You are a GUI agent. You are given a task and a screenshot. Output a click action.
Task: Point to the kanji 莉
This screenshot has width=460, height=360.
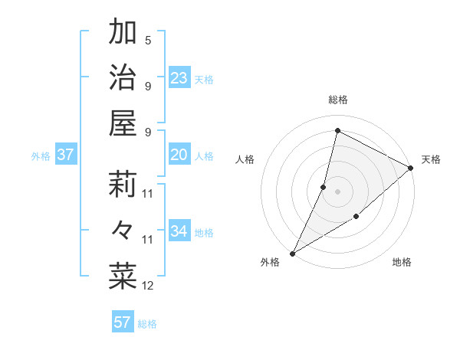pos(123,185)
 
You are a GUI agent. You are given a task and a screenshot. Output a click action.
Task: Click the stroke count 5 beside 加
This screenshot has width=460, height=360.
pos(148,40)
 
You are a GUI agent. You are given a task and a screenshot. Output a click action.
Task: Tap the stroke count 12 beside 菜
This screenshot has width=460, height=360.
pos(148,286)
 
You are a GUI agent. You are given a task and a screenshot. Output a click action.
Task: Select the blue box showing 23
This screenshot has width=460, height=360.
pos(179,78)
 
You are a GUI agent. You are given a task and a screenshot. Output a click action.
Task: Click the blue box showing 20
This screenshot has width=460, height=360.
pos(179,155)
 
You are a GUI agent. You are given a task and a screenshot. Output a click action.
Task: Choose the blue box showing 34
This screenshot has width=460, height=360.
pos(179,231)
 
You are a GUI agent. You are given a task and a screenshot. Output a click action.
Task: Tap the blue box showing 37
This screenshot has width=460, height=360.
pos(65,155)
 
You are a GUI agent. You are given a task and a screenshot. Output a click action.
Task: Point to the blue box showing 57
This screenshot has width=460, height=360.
pos(122,322)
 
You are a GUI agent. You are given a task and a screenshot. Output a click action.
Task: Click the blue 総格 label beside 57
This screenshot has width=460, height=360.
pos(148,324)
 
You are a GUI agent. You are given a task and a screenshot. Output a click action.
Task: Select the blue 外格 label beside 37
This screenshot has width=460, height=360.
pos(41,156)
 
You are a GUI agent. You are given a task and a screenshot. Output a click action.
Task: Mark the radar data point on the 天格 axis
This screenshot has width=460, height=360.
pos(410,169)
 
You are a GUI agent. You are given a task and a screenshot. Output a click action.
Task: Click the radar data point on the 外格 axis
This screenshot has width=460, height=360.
pos(292,253)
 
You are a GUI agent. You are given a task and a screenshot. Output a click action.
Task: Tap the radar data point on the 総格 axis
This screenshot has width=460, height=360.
pos(337,130)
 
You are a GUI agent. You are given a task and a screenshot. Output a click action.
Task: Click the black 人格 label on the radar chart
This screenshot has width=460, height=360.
pos(245,159)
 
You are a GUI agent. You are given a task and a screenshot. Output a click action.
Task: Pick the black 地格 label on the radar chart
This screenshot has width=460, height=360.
pos(402,263)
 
